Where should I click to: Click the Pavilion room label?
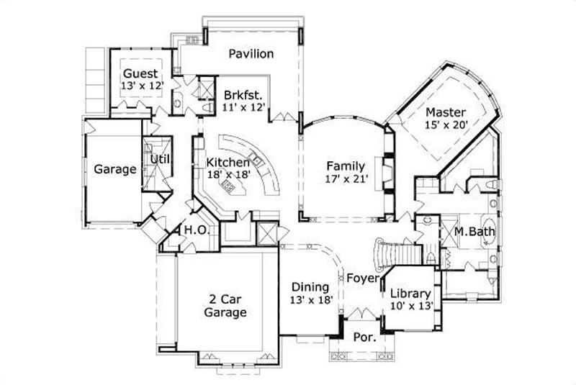tap(251, 54)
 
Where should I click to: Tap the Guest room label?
tap(140, 73)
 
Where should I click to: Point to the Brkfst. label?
tap(242, 95)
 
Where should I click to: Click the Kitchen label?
tap(228, 163)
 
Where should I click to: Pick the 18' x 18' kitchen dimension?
tap(229, 175)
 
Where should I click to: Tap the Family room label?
tap(346, 167)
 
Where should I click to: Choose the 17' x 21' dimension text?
tap(347, 180)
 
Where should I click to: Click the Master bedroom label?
tap(445, 112)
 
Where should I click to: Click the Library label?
tap(410, 294)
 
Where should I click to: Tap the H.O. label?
tap(196, 230)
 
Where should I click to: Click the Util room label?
tap(160, 159)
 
